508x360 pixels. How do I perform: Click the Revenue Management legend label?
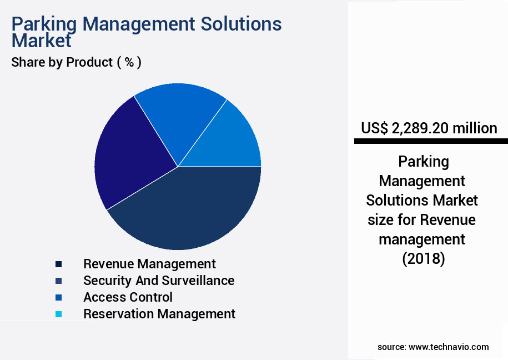pos(149,264)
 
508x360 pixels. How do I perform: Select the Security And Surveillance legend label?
pos(159,281)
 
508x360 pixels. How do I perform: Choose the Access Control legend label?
pos(128,297)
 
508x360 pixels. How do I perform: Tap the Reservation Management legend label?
pos(159,314)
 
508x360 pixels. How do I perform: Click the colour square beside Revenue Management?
pos(58,264)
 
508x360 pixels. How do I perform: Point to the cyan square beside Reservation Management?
pos(58,314)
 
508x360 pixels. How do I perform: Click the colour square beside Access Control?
pos(58,298)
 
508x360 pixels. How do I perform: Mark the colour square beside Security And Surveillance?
pos(58,281)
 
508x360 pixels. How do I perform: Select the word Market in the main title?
pos(42,41)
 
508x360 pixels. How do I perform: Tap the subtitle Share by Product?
pos(62,62)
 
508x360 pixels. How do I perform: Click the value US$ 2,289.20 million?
pos(429,128)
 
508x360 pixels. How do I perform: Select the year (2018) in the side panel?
pos(423,259)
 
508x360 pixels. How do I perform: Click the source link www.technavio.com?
pos(449,347)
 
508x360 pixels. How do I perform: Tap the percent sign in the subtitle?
pos(129,62)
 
